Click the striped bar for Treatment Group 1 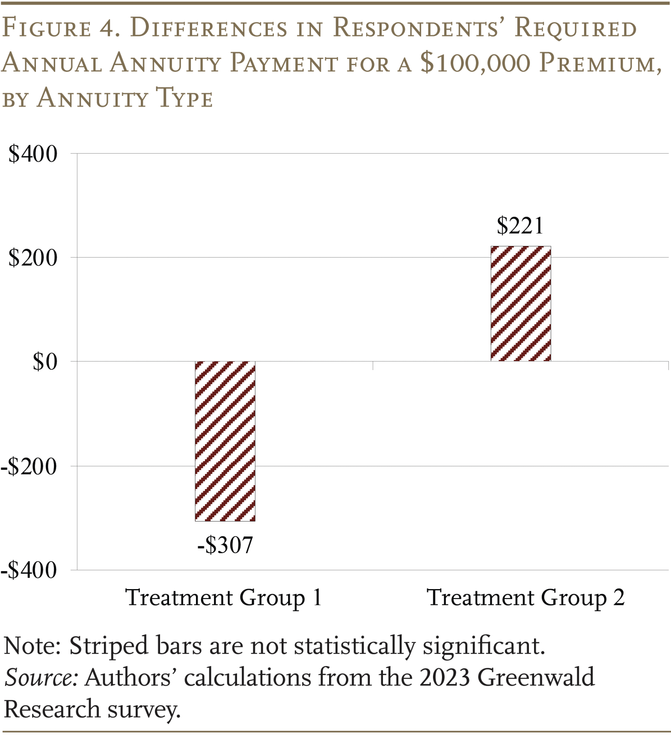(225, 441)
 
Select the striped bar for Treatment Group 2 (520, 304)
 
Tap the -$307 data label (225, 545)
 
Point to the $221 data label (520, 226)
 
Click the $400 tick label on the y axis (33, 154)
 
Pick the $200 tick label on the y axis (33, 258)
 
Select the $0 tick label (45, 362)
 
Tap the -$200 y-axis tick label (29, 466)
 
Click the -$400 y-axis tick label (29, 570)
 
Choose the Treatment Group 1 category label (223, 598)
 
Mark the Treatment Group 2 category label (526, 598)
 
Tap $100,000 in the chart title (475, 63)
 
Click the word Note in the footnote (33, 646)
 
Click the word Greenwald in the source (536, 678)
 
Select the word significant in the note (484, 646)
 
